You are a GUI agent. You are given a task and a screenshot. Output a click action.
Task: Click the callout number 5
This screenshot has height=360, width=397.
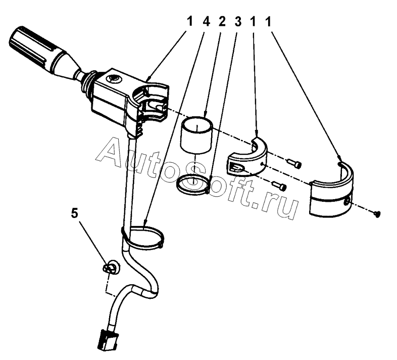click(x=75, y=213)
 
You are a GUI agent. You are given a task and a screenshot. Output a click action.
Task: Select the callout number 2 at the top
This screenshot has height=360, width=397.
click(x=222, y=22)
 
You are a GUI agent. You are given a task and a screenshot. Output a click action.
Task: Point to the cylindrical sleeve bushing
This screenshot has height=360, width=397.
click(x=197, y=134)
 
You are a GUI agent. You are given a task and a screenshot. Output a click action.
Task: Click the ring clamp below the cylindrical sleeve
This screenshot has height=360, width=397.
click(x=193, y=184)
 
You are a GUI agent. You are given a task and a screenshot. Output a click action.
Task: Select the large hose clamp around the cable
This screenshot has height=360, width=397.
click(x=143, y=238)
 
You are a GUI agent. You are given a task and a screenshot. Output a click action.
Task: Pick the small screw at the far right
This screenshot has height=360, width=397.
click(x=376, y=214)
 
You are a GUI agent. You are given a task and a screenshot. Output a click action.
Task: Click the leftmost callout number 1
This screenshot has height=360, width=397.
click(x=189, y=22)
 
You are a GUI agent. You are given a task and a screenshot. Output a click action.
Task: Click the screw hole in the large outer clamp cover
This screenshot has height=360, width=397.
click(x=346, y=202)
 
